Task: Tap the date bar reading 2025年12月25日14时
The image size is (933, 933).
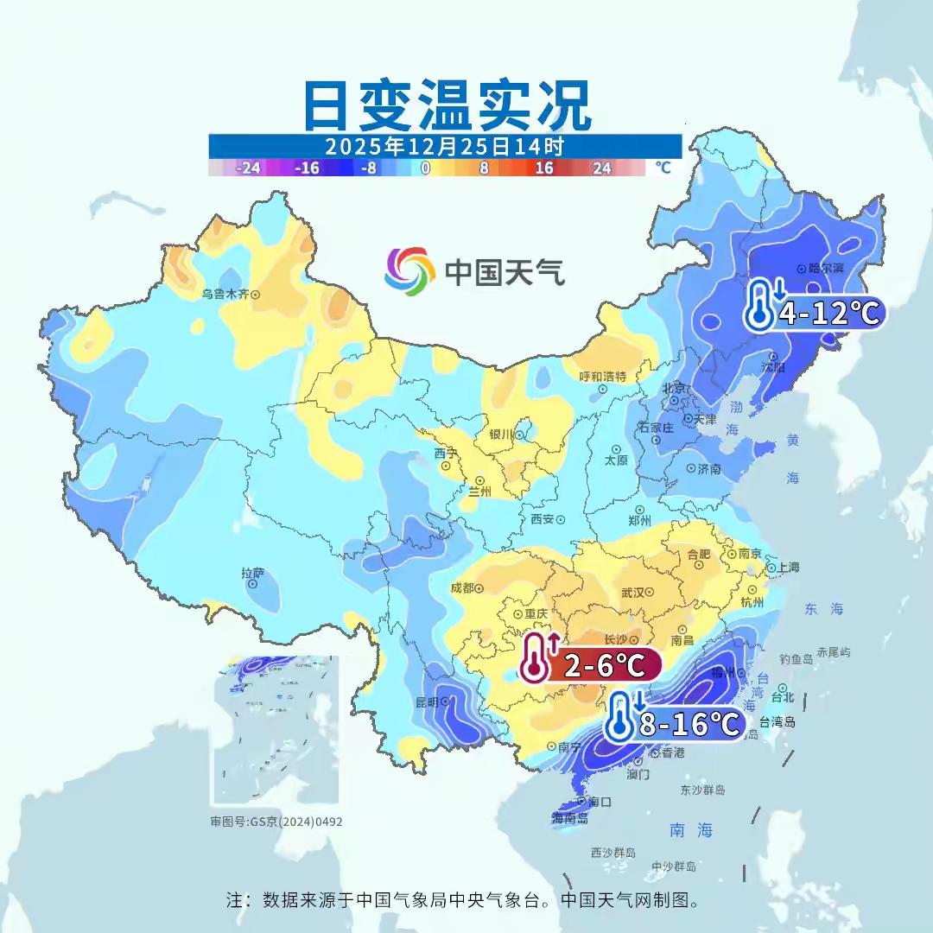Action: pyautogui.click(x=445, y=145)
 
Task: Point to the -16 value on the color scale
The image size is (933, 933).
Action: pyautogui.click(x=307, y=168)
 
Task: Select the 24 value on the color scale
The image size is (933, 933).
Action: pyautogui.click(x=602, y=168)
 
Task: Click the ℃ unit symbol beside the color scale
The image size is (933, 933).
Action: pyautogui.click(x=663, y=168)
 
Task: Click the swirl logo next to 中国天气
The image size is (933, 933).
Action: pyautogui.click(x=409, y=271)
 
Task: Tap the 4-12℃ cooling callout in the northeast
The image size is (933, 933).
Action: pyautogui.click(x=816, y=312)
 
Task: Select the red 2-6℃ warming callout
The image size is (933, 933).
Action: pyautogui.click(x=592, y=665)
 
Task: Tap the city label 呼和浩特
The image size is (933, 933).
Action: pyautogui.click(x=602, y=377)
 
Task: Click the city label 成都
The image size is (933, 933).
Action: pyautogui.click(x=462, y=588)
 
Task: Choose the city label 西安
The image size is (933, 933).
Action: pyautogui.click(x=542, y=519)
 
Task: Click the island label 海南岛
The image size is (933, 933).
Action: pyautogui.click(x=569, y=817)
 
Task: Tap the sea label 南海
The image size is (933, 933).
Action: pyautogui.click(x=691, y=830)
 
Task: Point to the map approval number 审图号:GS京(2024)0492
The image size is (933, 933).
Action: pyautogui.click(x=276, y=822)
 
